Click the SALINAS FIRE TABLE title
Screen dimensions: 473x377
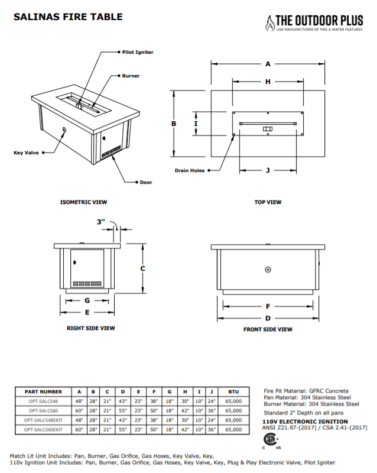pos(68,17)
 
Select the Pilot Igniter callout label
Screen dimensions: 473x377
pos(138,53)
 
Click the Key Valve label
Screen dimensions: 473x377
pos(26,153)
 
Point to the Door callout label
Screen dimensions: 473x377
pos(146,182)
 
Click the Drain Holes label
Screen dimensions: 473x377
pos(190,170)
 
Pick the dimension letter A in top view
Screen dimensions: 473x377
pos(268,63)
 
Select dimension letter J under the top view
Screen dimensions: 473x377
pos(268,170)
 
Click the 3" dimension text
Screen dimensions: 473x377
pos(101,222)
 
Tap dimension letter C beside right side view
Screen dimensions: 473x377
pos(142,268)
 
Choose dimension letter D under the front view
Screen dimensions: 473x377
pos(268,318)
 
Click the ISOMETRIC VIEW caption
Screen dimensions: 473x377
pos(83,202)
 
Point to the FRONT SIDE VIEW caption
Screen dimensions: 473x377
pos(268,329)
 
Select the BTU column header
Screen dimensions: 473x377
pos(233,391)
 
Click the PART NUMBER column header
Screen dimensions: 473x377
pos(43,391)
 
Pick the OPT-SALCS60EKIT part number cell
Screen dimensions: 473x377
pos(43,427)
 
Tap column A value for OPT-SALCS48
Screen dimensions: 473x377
pos(79,401)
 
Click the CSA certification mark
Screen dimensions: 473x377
pos(270,440)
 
